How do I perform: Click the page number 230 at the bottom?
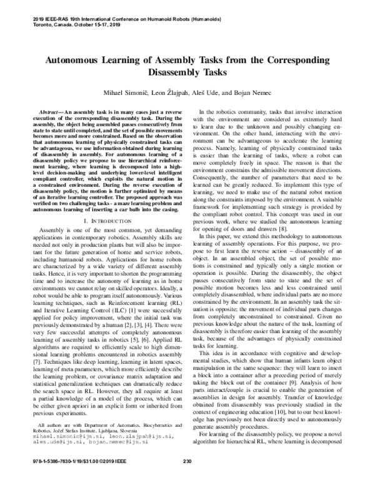tap(186, 479)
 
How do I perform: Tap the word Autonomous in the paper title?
tap(73, 62)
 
